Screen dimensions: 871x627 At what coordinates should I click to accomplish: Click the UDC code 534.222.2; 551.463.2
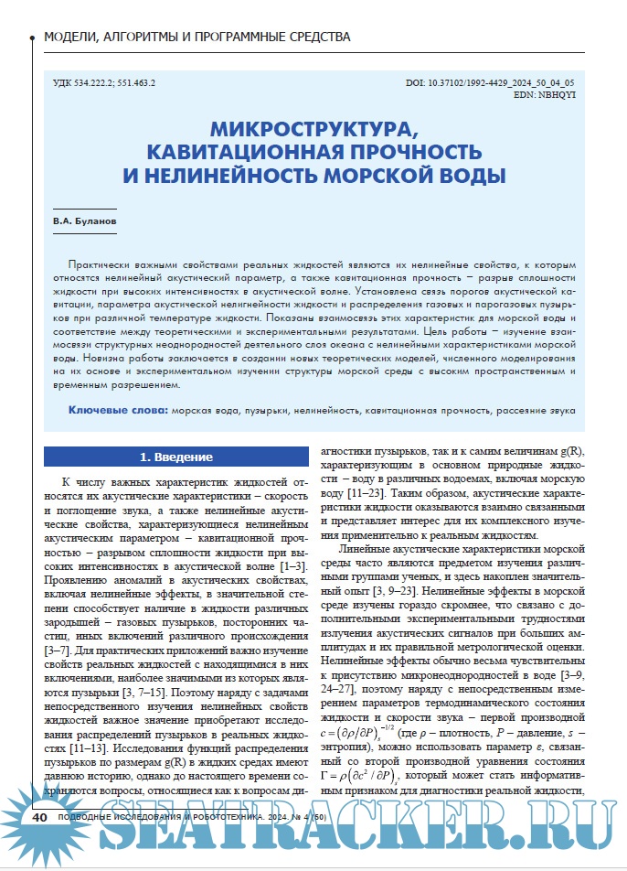105,82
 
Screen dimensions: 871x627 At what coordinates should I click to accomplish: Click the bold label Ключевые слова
118,412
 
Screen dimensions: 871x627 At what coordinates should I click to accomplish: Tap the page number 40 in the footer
40,841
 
